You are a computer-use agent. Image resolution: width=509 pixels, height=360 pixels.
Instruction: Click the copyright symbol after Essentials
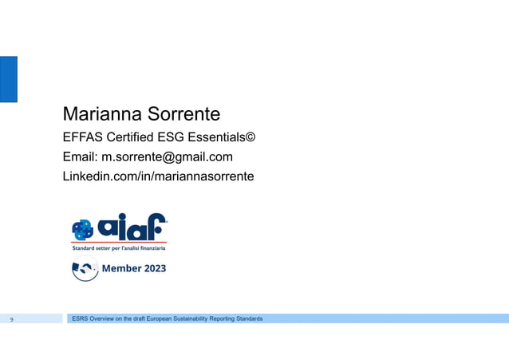(x=250, y=137)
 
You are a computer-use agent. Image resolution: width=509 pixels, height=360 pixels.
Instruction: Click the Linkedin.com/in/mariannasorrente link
(x=158, y=176)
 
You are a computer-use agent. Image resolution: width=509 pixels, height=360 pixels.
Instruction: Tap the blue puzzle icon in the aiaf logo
(x=83, y=230)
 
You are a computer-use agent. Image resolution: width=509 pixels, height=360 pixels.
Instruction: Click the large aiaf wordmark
(x=132, y=227)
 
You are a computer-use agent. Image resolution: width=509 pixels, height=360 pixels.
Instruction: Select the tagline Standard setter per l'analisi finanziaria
(x=119, y=248)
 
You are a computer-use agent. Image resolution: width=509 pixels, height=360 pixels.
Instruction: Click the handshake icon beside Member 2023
(x=85, y=270)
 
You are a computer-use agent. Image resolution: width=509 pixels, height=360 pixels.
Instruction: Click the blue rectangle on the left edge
(x=8, y=79)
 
